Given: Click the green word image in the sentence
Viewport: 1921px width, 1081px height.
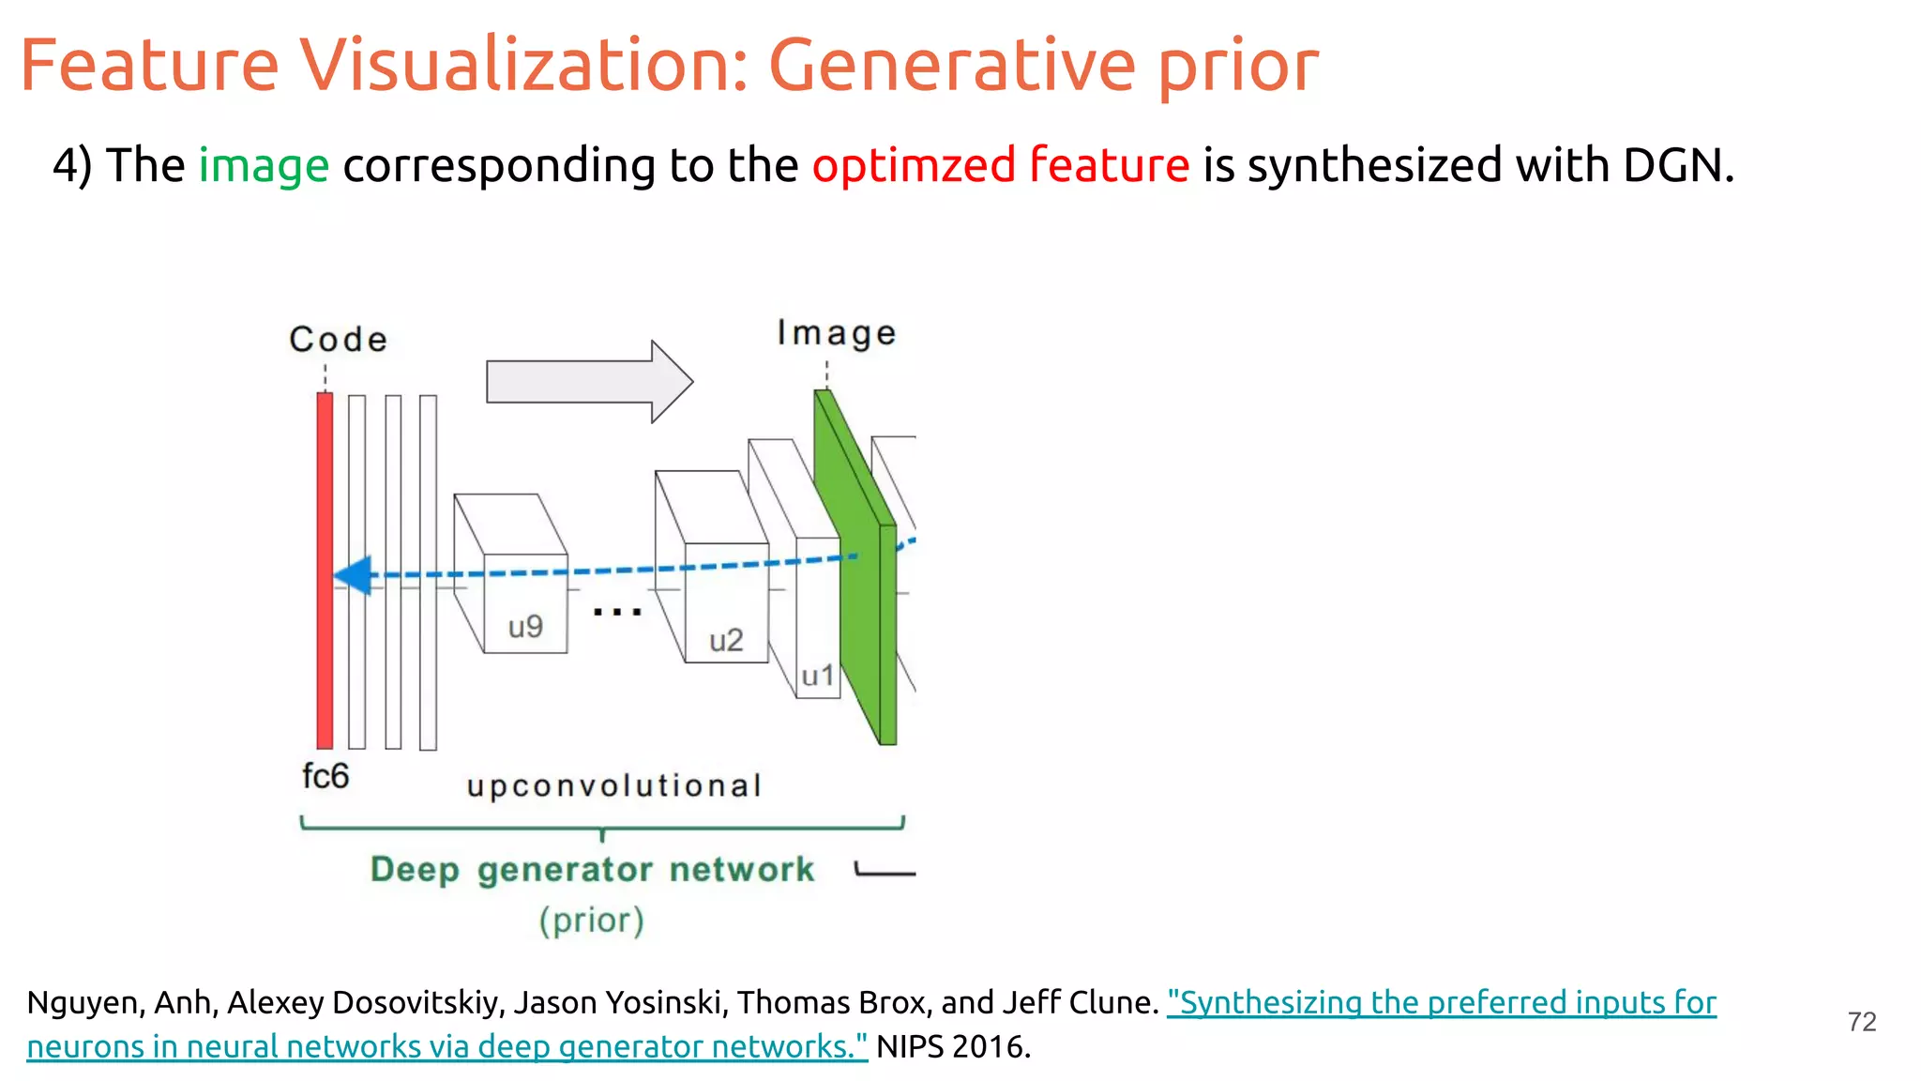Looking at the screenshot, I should (264, 166).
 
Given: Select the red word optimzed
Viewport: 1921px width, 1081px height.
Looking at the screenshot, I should (914, 166).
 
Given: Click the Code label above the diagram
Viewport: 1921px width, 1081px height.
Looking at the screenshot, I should (338, 339).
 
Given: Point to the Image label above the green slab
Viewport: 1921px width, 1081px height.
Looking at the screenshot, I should (836, 333).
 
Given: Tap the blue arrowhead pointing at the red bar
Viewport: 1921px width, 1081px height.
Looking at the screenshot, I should (353, 575).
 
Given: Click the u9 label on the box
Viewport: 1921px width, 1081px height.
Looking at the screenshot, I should (525, 627).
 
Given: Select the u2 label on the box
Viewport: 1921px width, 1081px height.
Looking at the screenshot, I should (725, 641).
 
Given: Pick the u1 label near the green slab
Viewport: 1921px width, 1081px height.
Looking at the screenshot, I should (817, 676).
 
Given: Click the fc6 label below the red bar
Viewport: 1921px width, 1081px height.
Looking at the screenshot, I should (325, 776).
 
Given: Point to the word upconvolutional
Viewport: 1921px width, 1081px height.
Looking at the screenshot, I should (613, 785).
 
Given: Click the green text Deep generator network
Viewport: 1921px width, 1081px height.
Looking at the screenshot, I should (592, 869).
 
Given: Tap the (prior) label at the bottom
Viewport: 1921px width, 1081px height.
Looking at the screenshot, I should (591, 920).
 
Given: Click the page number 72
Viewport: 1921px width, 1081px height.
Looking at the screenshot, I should (1861, 1021).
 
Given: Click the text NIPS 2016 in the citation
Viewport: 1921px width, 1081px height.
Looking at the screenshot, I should (953, 1046).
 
